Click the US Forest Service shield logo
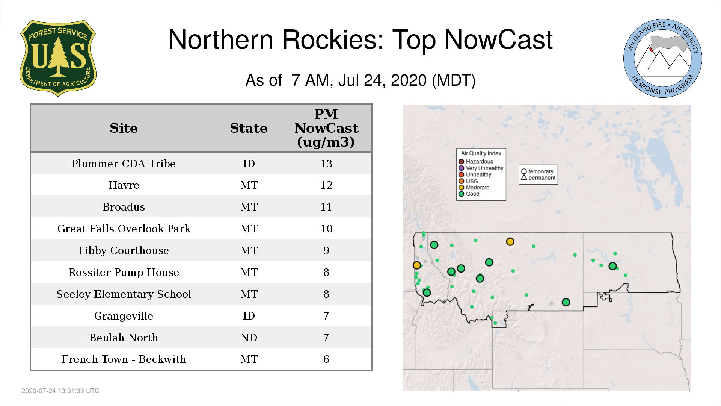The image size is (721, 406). point(58,58)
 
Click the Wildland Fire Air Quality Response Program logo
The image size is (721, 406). point(663,58)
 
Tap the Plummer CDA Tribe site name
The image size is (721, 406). point(124,164)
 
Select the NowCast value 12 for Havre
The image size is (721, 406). point(326,185)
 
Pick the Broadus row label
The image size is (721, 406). point(124,207)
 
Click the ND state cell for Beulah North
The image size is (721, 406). point(249,338)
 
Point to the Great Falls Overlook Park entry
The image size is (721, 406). point(124,229)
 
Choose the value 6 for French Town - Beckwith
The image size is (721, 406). point(326,359)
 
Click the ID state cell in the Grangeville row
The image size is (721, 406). point(249,316)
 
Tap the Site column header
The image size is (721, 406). point(124,128)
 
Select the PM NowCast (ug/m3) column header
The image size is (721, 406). point(326,128)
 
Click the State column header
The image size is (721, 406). point(249,128)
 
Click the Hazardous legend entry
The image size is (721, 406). point(476,162)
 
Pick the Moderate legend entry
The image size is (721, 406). point(474,188)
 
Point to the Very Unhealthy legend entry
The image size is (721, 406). point(481,168)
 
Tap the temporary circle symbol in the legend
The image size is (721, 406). point(524,171)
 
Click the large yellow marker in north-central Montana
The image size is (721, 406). point(510,242)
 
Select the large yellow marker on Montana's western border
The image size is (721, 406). point(417,265)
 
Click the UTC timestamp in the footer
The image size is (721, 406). point(60,391)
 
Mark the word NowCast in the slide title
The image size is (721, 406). point(499,40)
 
